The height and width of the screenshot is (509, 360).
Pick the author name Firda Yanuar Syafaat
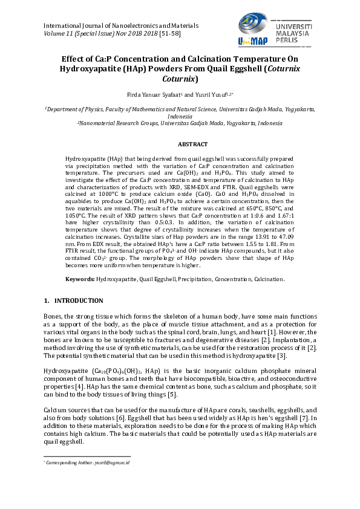click(154, 95)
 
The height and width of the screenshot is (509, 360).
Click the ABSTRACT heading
click(192, 144)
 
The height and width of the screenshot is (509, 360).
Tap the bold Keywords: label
click(80, 279)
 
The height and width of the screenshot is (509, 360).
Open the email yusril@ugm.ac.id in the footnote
click(115, 462)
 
